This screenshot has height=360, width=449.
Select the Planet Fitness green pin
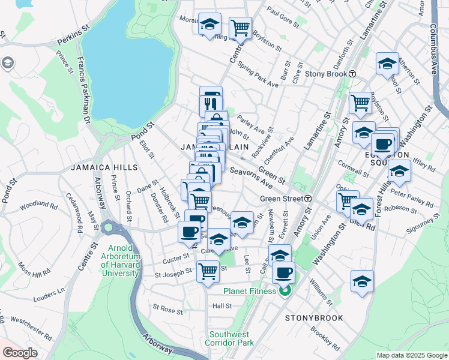[x=285, y=291]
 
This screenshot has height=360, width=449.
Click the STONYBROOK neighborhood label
[x=314, y=318]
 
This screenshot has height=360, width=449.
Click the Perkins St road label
[x=73, y=43]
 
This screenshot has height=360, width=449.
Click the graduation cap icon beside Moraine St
[x=209, y=24]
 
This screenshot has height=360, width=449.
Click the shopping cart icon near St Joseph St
[x=208, y=271]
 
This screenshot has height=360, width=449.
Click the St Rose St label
[x=167, y=310]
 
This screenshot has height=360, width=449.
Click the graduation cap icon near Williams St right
[x=363, y=281]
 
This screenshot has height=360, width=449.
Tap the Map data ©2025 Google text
[x=411, y=355]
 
